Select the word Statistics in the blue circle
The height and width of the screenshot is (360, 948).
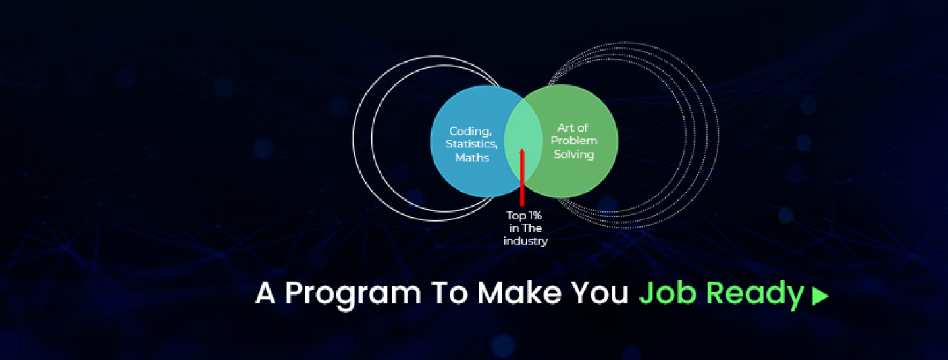(471, 144)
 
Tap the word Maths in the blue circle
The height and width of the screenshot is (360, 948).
(472, 158)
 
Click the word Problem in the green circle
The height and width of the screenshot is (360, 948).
(574, 140)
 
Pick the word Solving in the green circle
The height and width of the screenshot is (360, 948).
(574, 155)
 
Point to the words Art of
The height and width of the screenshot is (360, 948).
(573, 128)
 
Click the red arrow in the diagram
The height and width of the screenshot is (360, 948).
(522, 177)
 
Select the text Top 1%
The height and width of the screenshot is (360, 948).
(524, 216)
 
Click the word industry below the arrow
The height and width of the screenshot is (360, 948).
(525, 241)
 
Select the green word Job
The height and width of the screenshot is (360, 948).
(667, 293)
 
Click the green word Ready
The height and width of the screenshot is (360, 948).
(755, 295)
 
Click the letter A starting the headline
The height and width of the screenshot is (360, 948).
(265, 293)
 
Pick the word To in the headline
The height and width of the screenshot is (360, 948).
(450, 293)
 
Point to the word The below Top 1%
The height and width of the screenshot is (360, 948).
(533, 228)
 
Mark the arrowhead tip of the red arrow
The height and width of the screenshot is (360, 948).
(522, 149)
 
